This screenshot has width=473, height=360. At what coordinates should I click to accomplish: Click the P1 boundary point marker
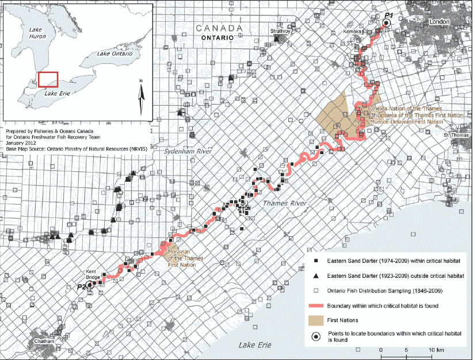(x=386, y=22)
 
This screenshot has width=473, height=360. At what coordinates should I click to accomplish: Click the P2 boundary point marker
(x=90, y=285)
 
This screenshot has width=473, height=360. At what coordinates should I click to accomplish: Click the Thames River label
(x=283, y=204)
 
